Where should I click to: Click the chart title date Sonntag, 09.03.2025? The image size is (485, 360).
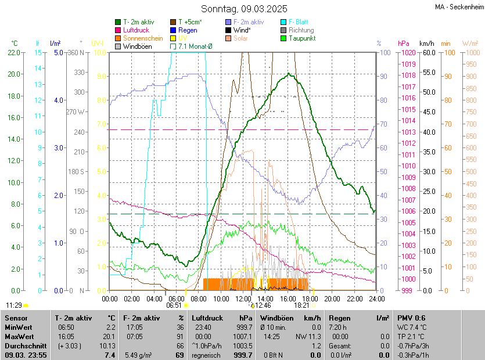244,9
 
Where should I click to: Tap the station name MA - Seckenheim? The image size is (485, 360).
459,7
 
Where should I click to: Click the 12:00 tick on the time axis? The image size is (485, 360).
243,298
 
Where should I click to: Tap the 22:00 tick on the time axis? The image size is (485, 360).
354,298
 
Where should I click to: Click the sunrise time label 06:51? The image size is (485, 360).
174,305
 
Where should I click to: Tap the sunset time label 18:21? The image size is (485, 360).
301,305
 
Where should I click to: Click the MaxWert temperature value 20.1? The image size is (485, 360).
110,336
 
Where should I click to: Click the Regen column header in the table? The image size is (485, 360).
339,318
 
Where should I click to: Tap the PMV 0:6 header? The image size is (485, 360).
411,318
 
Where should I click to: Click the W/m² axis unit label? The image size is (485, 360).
470,44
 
